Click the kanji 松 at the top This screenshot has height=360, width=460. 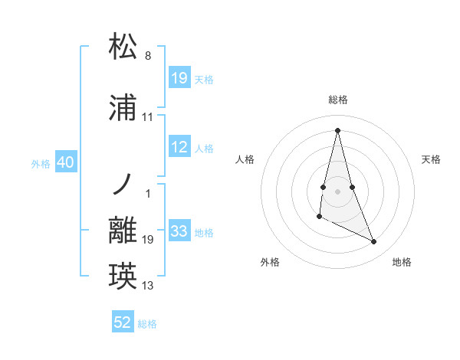[123, 47]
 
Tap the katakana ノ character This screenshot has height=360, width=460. [123, 186]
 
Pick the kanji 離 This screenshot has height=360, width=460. [123, 231]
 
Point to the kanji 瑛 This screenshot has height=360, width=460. [123, 276]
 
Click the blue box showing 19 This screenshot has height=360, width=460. [179, 77]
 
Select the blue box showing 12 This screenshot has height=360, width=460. [179, 147]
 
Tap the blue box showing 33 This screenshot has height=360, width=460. [179, 231]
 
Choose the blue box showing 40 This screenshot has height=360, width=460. [65, 162]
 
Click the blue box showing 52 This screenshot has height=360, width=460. [123, 322]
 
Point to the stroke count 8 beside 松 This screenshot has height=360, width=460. [148, 56]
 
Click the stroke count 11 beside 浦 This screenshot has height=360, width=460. [148, 117]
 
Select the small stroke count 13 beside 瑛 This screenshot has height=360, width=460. [148, 286]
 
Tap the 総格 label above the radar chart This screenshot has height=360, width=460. [338, 100]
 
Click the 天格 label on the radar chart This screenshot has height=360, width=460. [432, 159]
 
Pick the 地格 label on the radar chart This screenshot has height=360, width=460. [402, 262]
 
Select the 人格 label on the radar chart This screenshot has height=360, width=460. [245, 159]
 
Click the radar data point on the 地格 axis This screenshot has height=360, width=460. [374, 242]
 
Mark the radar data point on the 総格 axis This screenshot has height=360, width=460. [337, 129]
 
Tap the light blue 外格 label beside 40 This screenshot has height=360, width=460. [40, 163]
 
